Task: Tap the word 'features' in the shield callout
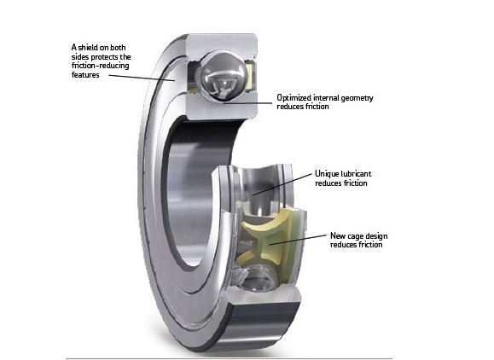85,75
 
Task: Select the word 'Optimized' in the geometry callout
294,98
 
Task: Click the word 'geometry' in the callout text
357,98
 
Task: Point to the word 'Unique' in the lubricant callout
327,174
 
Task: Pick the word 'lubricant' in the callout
357,174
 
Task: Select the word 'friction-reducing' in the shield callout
100,66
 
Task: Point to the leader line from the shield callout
141,78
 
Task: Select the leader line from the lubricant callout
282,184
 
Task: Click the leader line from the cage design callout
298,240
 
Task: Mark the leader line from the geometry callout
247,102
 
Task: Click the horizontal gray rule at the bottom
229,358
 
